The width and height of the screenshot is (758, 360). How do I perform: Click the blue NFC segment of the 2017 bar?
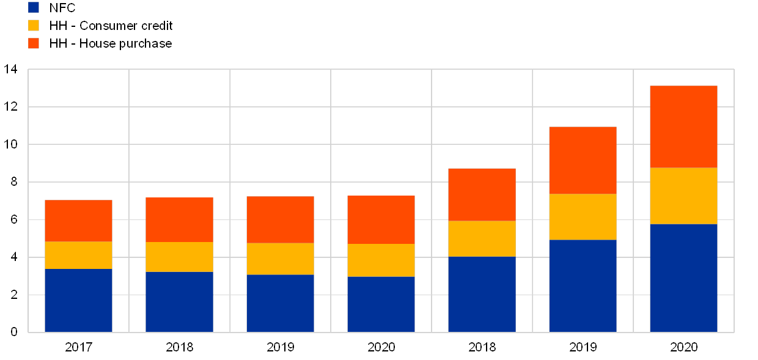pyautogui.click(x=78, y=300)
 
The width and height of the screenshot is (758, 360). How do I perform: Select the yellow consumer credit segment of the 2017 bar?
pyautogui.click(x=78, y=255)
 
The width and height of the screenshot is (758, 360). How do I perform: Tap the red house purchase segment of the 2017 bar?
pyautogui.click(x=78, y=221)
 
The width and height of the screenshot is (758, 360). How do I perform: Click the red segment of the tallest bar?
pyautogui.click(x=683, y=127)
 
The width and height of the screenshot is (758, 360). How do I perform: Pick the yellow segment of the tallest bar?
pyautogui.click(x=683, y=196)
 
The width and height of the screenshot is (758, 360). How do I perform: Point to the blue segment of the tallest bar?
pyautogui.click(x=683, y=277)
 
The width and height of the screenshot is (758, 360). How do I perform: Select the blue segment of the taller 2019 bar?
pyautogui.click(x=583, y=285)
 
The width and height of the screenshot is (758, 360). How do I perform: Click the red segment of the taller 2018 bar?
pyautogui.click(x=482, y=194)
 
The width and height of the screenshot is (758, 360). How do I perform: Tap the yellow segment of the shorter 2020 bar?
pyautogui.click(x=381, y=260)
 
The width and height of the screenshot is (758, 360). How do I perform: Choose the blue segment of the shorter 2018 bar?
pyautogui.click(x=179, y=301)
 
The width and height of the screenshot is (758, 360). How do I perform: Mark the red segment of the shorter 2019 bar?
pyautogui.click(x=280, y=219)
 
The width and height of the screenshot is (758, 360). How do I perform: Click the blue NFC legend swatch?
pyautogui.click(x=34, y=7)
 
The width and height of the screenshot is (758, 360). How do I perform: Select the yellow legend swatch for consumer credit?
pyautogui.click(x=34, y=25)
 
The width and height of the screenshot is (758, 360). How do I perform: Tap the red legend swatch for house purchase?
pyautogui.click(x=34, y=43)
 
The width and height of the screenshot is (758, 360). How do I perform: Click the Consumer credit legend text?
pyautogui.click(x=126, y=26)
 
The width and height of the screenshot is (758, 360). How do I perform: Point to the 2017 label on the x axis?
pyautogui.click(x=78, y=347)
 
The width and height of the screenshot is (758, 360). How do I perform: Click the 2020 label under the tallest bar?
pyautogui.click(x=683, y=347)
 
